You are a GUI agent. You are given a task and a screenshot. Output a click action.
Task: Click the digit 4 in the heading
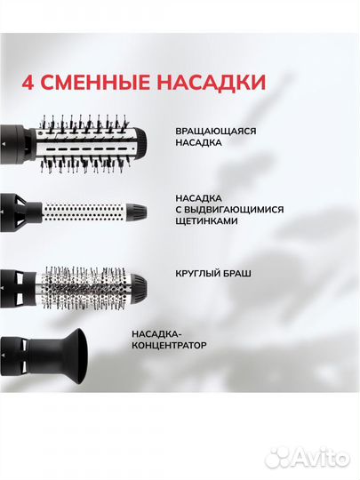[x=28, y=84]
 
